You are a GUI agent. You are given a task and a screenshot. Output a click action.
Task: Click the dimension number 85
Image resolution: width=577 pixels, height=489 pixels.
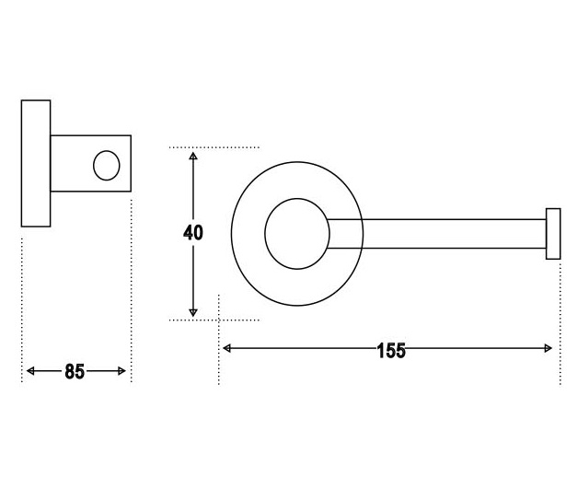(x=75, y=371)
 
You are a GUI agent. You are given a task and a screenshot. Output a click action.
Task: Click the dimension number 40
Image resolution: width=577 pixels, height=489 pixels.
(x=193, y=233)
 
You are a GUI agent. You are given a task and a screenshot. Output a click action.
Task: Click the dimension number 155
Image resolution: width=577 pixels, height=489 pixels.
(x=391, y=350)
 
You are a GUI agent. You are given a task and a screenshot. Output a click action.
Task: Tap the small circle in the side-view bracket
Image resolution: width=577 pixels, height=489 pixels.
(x=107, y=166)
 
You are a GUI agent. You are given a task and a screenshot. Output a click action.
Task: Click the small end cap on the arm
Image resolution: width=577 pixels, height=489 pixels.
(x=553, y=234)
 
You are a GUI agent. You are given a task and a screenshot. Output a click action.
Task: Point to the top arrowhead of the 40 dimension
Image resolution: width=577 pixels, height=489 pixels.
(x=193, y=156)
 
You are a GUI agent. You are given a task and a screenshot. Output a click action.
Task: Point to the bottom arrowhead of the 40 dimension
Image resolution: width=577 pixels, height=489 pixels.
(x=193, y=313)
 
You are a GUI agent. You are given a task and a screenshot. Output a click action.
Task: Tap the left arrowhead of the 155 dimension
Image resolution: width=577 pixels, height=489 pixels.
(x=226, y=348)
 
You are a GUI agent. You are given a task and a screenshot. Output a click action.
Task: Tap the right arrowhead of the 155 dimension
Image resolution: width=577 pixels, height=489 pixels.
(x=548, y=348)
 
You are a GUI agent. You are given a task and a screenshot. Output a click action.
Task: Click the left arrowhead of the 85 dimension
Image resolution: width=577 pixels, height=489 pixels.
(x=30, y=371)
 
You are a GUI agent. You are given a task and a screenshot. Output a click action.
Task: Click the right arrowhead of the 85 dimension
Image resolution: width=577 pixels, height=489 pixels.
(x=121, y=371)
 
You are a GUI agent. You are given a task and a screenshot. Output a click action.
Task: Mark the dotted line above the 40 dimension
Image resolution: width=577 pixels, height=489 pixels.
(x=214, y=147)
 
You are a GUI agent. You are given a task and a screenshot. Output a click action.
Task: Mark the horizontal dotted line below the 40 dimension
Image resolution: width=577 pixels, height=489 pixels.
(x=214, y=320)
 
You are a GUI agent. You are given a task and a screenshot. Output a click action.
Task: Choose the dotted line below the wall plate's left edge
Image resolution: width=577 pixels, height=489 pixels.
(x=22, y=310)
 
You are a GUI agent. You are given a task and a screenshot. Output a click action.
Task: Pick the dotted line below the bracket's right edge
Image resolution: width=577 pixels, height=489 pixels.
(x=131, y=291)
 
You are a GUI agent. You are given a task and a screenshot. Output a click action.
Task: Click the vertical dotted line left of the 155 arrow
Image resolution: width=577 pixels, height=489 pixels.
(x=219, y=340)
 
